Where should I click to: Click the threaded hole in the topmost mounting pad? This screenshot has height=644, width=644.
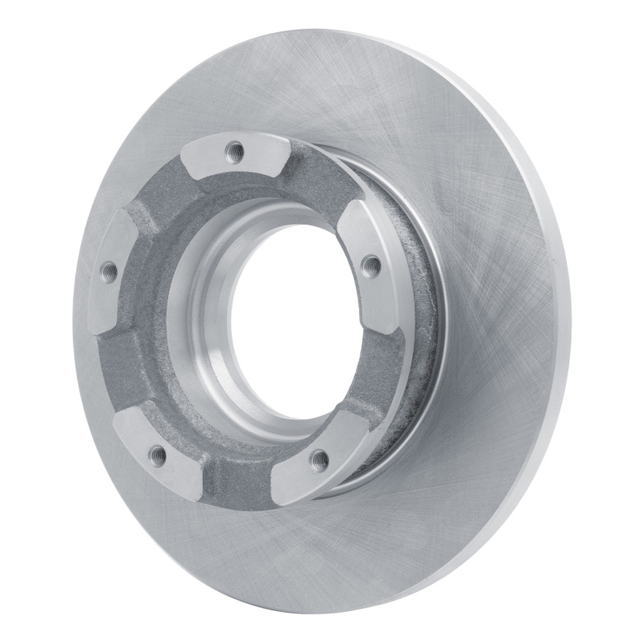234,148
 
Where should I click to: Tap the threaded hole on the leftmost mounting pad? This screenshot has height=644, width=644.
108,272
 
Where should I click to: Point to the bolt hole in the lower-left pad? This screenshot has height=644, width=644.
159,456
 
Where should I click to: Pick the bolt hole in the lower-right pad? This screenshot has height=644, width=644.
320,460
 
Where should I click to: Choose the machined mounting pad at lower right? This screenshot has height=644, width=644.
314,467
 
